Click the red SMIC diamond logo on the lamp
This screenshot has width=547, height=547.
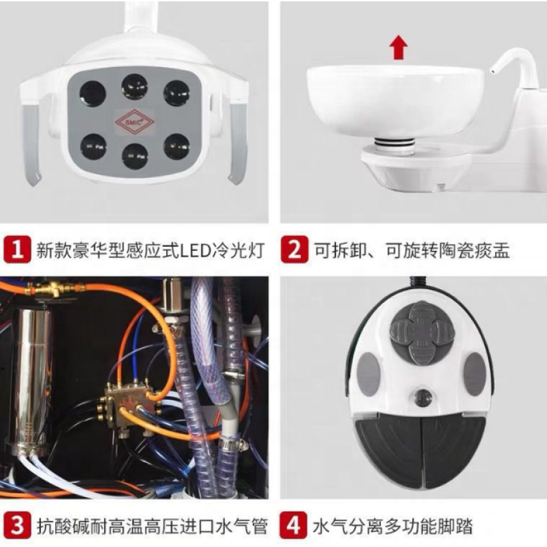(x=135, y=122)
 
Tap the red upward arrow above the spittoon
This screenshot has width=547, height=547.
(x=399, y=48)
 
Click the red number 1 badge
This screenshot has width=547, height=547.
(x=17, y=250)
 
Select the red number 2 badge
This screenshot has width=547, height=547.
(x=295, y=250)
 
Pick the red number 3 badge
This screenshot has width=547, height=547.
(x=17, y=525)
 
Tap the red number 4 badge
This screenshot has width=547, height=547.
(x=293, y=525)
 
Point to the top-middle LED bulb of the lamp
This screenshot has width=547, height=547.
(x=135, y=87)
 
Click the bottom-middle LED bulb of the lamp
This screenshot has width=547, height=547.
(x=135, y=156)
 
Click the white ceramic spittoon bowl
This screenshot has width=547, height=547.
(x=395, y=101)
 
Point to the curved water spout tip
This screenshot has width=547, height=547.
(x=492, y=71)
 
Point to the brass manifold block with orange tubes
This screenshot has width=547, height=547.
(x=130, y=400)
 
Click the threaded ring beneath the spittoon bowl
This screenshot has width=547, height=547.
(x=394, y=143)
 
